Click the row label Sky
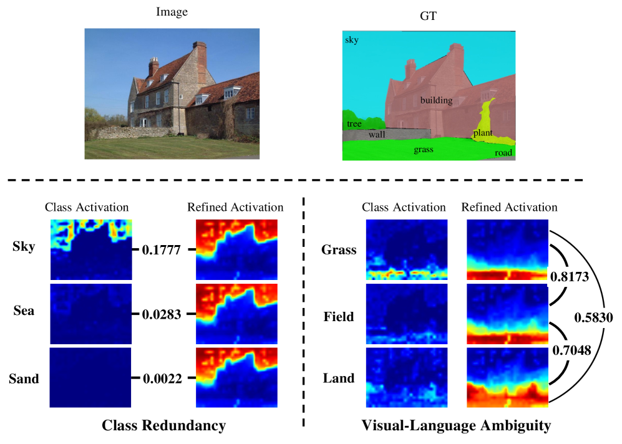click(x=24, y=247)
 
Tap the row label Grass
click(x=339, y=250)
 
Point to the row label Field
click(x=338, y=317)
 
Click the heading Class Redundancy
click(x=164, y=427)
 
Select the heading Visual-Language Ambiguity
click(x=456, y=427)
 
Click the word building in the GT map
click(x=436, y=100)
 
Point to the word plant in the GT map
click(x=483, y=133)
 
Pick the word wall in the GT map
click(x=376, y=134)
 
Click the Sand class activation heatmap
click(x=90, y=377)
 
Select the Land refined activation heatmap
click(x=507, y=377)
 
